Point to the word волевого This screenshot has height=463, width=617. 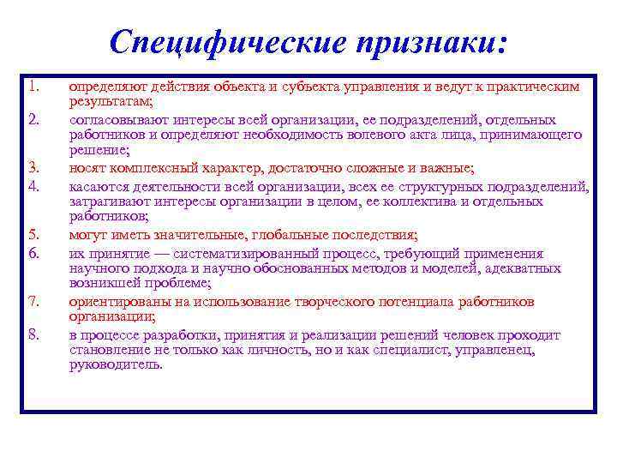(x=386, y=135)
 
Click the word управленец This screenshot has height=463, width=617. (x=524, y=350)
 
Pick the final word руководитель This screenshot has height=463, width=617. (x=115, y=365)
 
